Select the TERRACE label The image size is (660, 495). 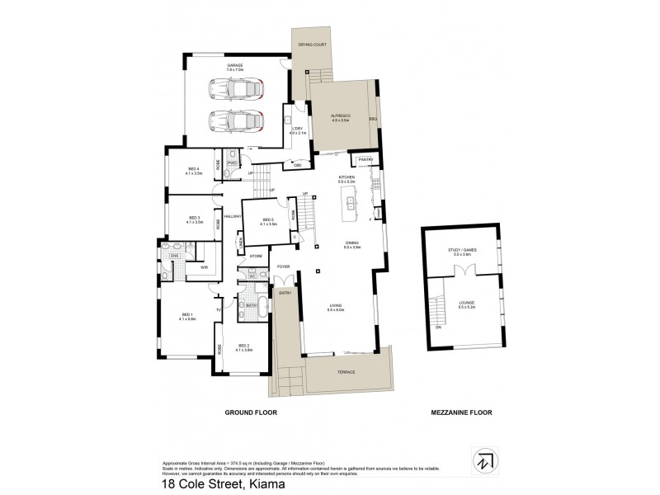coord(345,372)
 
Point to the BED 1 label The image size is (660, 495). coord(187,315)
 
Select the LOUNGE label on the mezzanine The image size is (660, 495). coord(467,304)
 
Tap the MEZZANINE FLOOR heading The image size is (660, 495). coord(464,410)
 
